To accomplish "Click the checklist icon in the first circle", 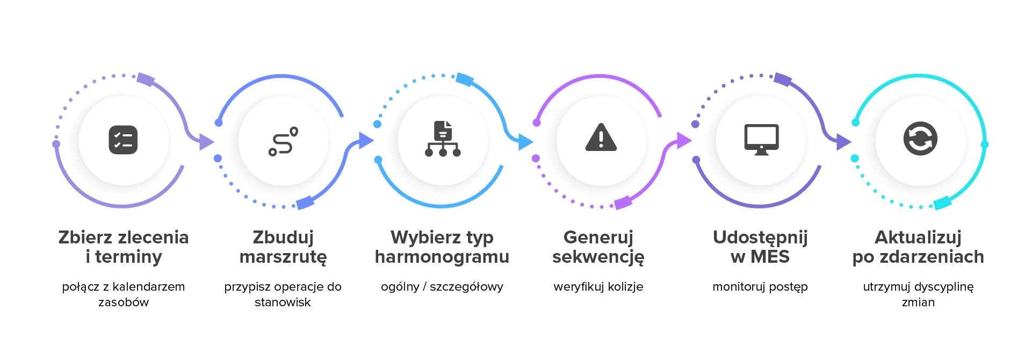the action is [123, 140].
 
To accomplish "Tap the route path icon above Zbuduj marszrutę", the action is [283, 141].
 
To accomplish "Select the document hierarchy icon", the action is [443, 139].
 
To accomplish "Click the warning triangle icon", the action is [601, 136].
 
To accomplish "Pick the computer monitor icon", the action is [761, 140].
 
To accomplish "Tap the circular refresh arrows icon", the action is [920, 139].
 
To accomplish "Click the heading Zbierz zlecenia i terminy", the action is [124, 247].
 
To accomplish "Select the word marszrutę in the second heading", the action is [283, 257].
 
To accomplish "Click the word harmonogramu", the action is [442, 257].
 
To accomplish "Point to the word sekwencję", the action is [598, 257].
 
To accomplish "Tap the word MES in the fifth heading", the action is [770, 257].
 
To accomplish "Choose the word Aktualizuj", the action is [918, 237].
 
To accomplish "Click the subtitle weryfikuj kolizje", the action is [598, 287].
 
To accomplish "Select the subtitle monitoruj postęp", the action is [760, 287].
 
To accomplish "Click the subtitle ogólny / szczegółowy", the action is [442, 287].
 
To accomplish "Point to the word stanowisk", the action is [283, 303].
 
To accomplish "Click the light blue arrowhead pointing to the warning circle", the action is [525, 142].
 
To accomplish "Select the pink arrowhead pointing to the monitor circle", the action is [684, 141].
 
